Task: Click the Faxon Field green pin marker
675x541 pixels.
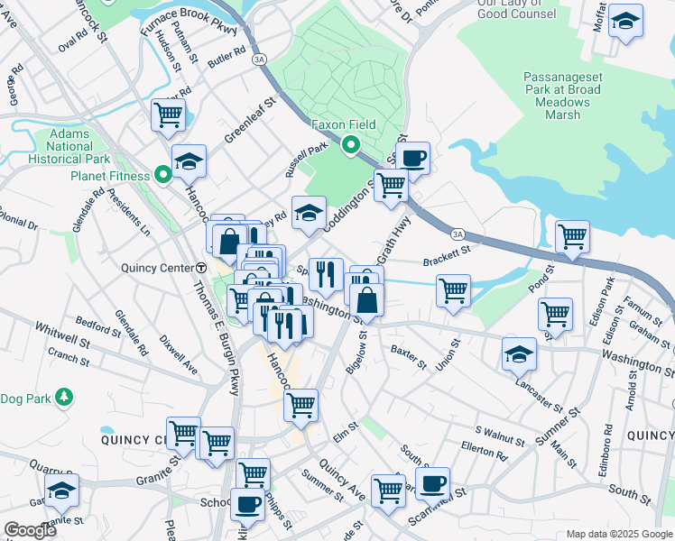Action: (350, 144)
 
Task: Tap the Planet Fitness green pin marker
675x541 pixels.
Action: (163, 175)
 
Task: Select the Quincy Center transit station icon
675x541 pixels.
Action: (201, 269)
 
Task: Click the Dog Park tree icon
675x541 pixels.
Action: (63, 397)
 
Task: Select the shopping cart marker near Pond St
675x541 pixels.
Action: (572, 237)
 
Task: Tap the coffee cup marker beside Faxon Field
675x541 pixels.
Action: (413, 158)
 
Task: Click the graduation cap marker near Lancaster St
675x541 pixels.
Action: (519, 353)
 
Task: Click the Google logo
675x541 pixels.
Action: (30, 530)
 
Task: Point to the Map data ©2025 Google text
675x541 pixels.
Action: (619, 534)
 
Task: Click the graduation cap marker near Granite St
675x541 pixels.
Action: (61, 491)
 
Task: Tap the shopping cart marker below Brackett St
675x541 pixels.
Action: (452, 290)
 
